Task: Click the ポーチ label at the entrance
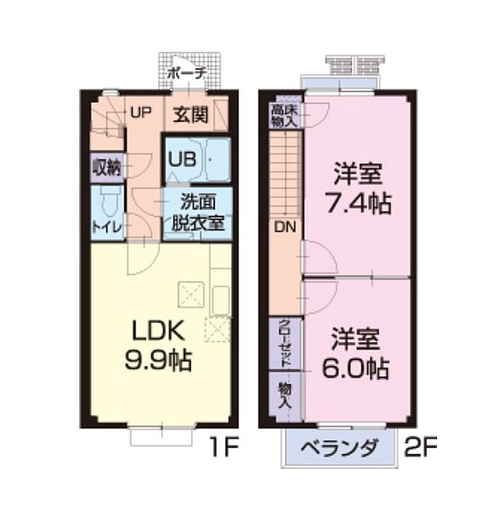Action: click(187, 73)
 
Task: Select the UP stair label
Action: click(140, 112)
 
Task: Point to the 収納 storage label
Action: click(106, 168)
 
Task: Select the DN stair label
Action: click(284, 228)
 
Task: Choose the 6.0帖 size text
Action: click(359, 368)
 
